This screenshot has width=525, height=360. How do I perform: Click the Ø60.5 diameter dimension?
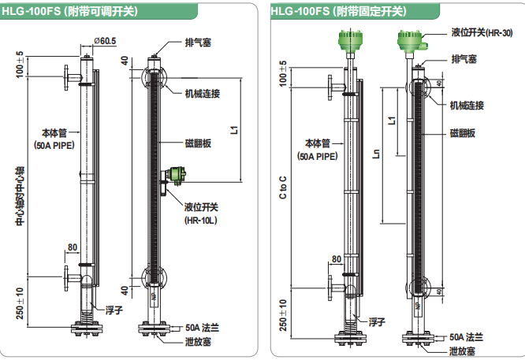click(x=105, y=40)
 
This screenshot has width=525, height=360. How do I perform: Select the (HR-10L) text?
click(x=200, y=221)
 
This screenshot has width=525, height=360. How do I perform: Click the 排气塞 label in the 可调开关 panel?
click(x=199, y=42)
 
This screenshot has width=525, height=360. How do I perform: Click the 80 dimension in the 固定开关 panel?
click(x=337, y=259)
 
